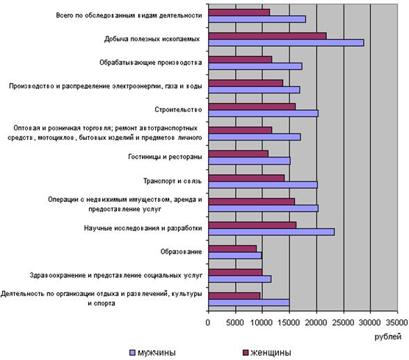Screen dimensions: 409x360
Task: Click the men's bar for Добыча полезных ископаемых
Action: (x=286, y=42)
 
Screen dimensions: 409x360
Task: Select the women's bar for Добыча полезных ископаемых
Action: (x=267, y=36)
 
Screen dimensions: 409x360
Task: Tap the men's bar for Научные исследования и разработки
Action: (x=271, y=232)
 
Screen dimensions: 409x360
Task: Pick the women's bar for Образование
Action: (x=232, y=249)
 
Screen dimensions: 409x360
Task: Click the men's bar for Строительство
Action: (x=264, y=114)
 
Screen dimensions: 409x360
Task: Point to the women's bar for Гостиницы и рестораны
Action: (x=239, y=154)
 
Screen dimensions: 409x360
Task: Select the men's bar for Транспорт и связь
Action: (x=263, y=185)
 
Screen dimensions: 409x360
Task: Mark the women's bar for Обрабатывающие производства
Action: (x=240, y=59)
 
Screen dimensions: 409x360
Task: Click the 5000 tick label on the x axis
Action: (x=235, y=322)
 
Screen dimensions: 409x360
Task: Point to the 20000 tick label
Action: (x=316, y=322)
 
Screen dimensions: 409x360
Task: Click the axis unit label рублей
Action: (x=388, y=337)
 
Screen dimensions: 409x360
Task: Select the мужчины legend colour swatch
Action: (x=132, y=353)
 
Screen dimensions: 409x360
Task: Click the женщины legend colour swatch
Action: (x=245, y=353)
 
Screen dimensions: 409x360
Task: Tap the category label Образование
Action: (x=181, y=251)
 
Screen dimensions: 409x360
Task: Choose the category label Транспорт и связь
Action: (x=173, y=181)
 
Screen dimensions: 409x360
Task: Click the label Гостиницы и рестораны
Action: (x=165, y=157)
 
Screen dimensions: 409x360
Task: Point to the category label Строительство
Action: (x=178, y=109)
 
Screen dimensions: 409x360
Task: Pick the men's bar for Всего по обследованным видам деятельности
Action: (x=257, y=19)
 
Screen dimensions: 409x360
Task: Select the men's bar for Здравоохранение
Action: (x=240, y=279)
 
